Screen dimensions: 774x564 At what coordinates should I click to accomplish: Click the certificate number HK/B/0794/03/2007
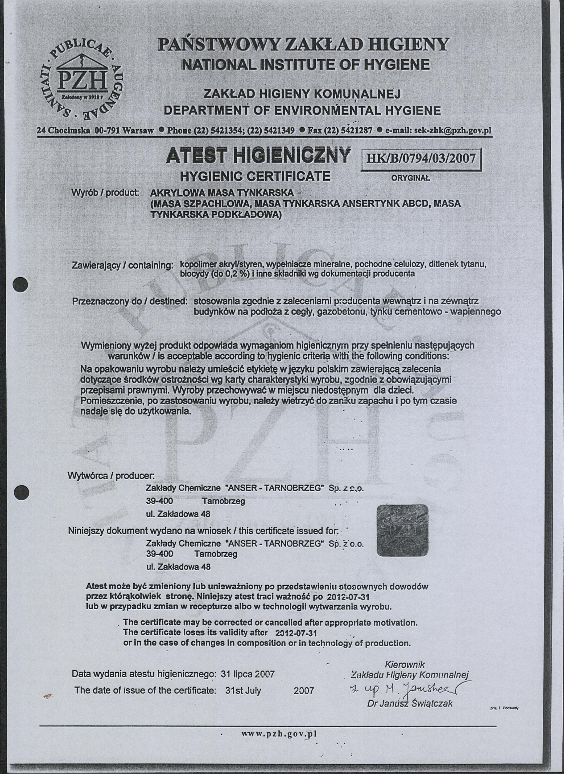click(x=421, y=158)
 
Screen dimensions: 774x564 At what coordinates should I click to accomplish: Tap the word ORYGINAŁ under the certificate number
click(x=410, y=178)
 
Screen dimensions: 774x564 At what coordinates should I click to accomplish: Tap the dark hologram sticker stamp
click(x=402, y=530)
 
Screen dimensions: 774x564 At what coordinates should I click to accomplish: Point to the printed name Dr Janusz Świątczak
click(x=410, y=703)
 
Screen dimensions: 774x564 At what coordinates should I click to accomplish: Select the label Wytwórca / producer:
click(x=111, y=476)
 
